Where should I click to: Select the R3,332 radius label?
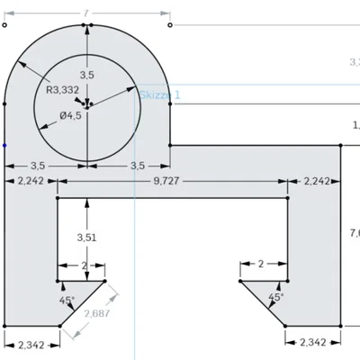63,90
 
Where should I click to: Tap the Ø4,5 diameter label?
71,114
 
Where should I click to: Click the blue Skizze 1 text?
159,94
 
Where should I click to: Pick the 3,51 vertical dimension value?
86,238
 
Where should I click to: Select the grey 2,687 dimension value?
96,313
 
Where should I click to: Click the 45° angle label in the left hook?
67,300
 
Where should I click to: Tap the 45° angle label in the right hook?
276,297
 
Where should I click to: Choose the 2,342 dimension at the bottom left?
31,342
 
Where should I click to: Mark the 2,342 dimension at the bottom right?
312,342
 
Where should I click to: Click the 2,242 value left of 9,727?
31,181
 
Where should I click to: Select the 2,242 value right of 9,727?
317,181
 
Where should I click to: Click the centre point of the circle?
86,104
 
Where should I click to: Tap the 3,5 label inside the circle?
87,74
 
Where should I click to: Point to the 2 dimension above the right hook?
261,264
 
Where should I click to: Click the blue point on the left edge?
4,144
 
